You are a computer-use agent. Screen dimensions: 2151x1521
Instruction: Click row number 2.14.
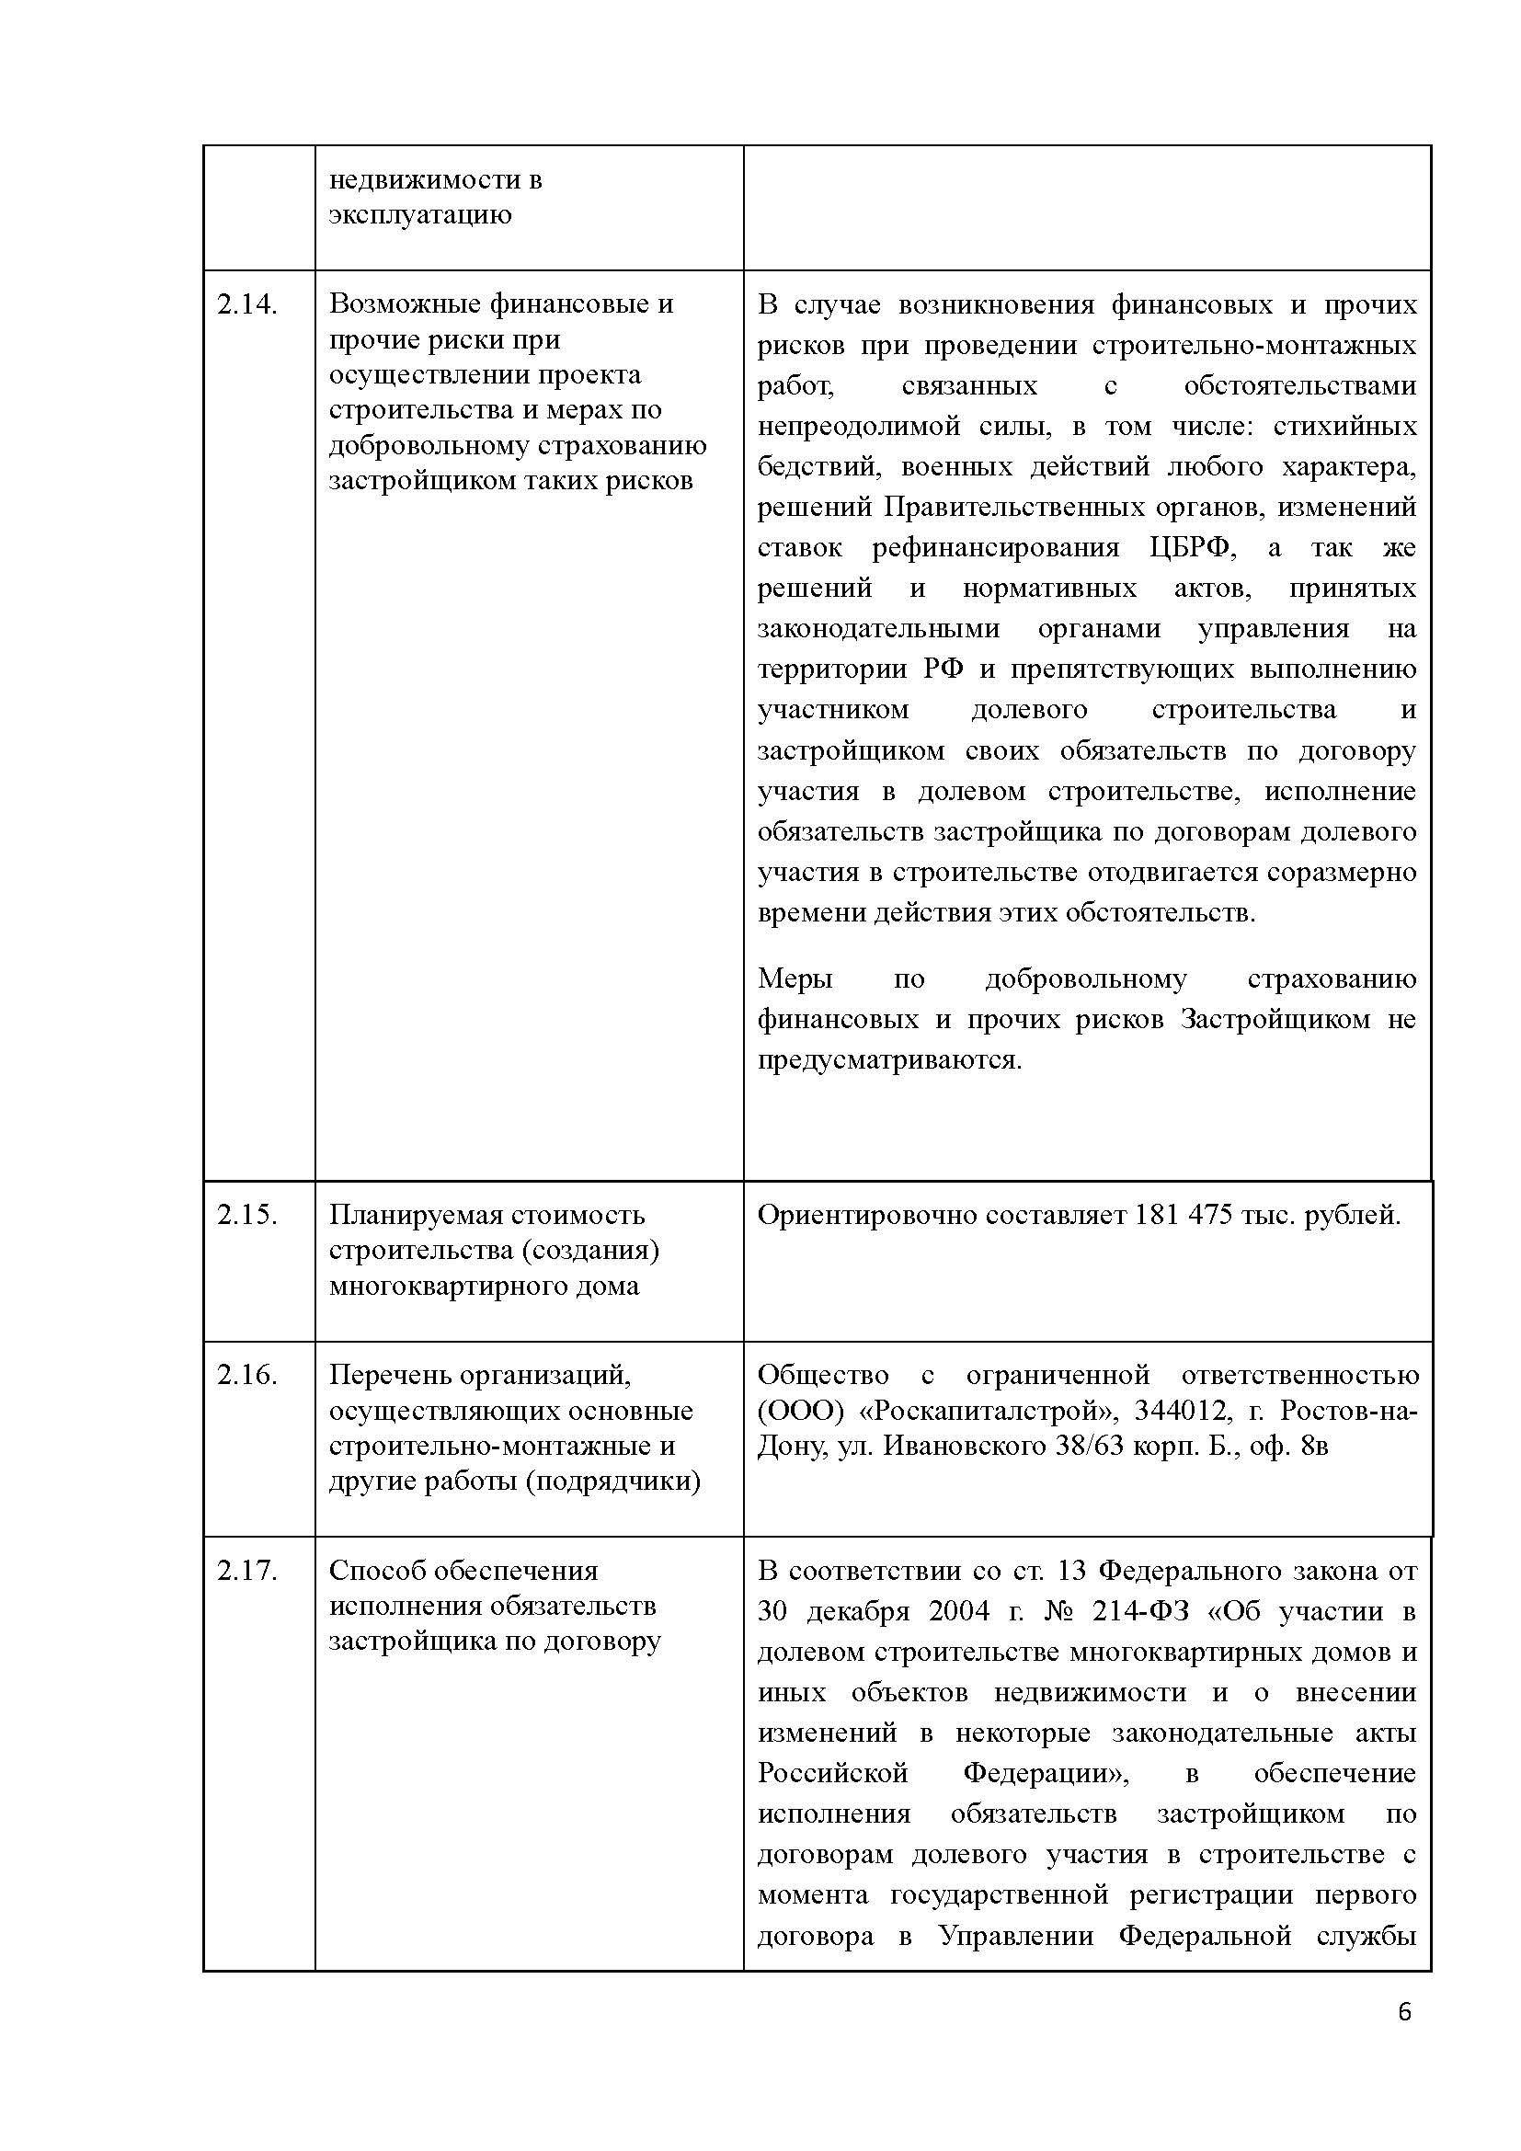tap(247, 304)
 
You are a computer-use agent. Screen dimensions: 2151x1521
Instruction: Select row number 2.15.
tap(247, 1215)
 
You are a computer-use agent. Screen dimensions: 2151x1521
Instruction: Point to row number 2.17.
tap(247, 1570)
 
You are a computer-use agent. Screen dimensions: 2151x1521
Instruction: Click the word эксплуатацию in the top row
tap(419, 214)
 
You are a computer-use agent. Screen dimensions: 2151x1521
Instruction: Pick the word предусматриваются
tap(889, 1059)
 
